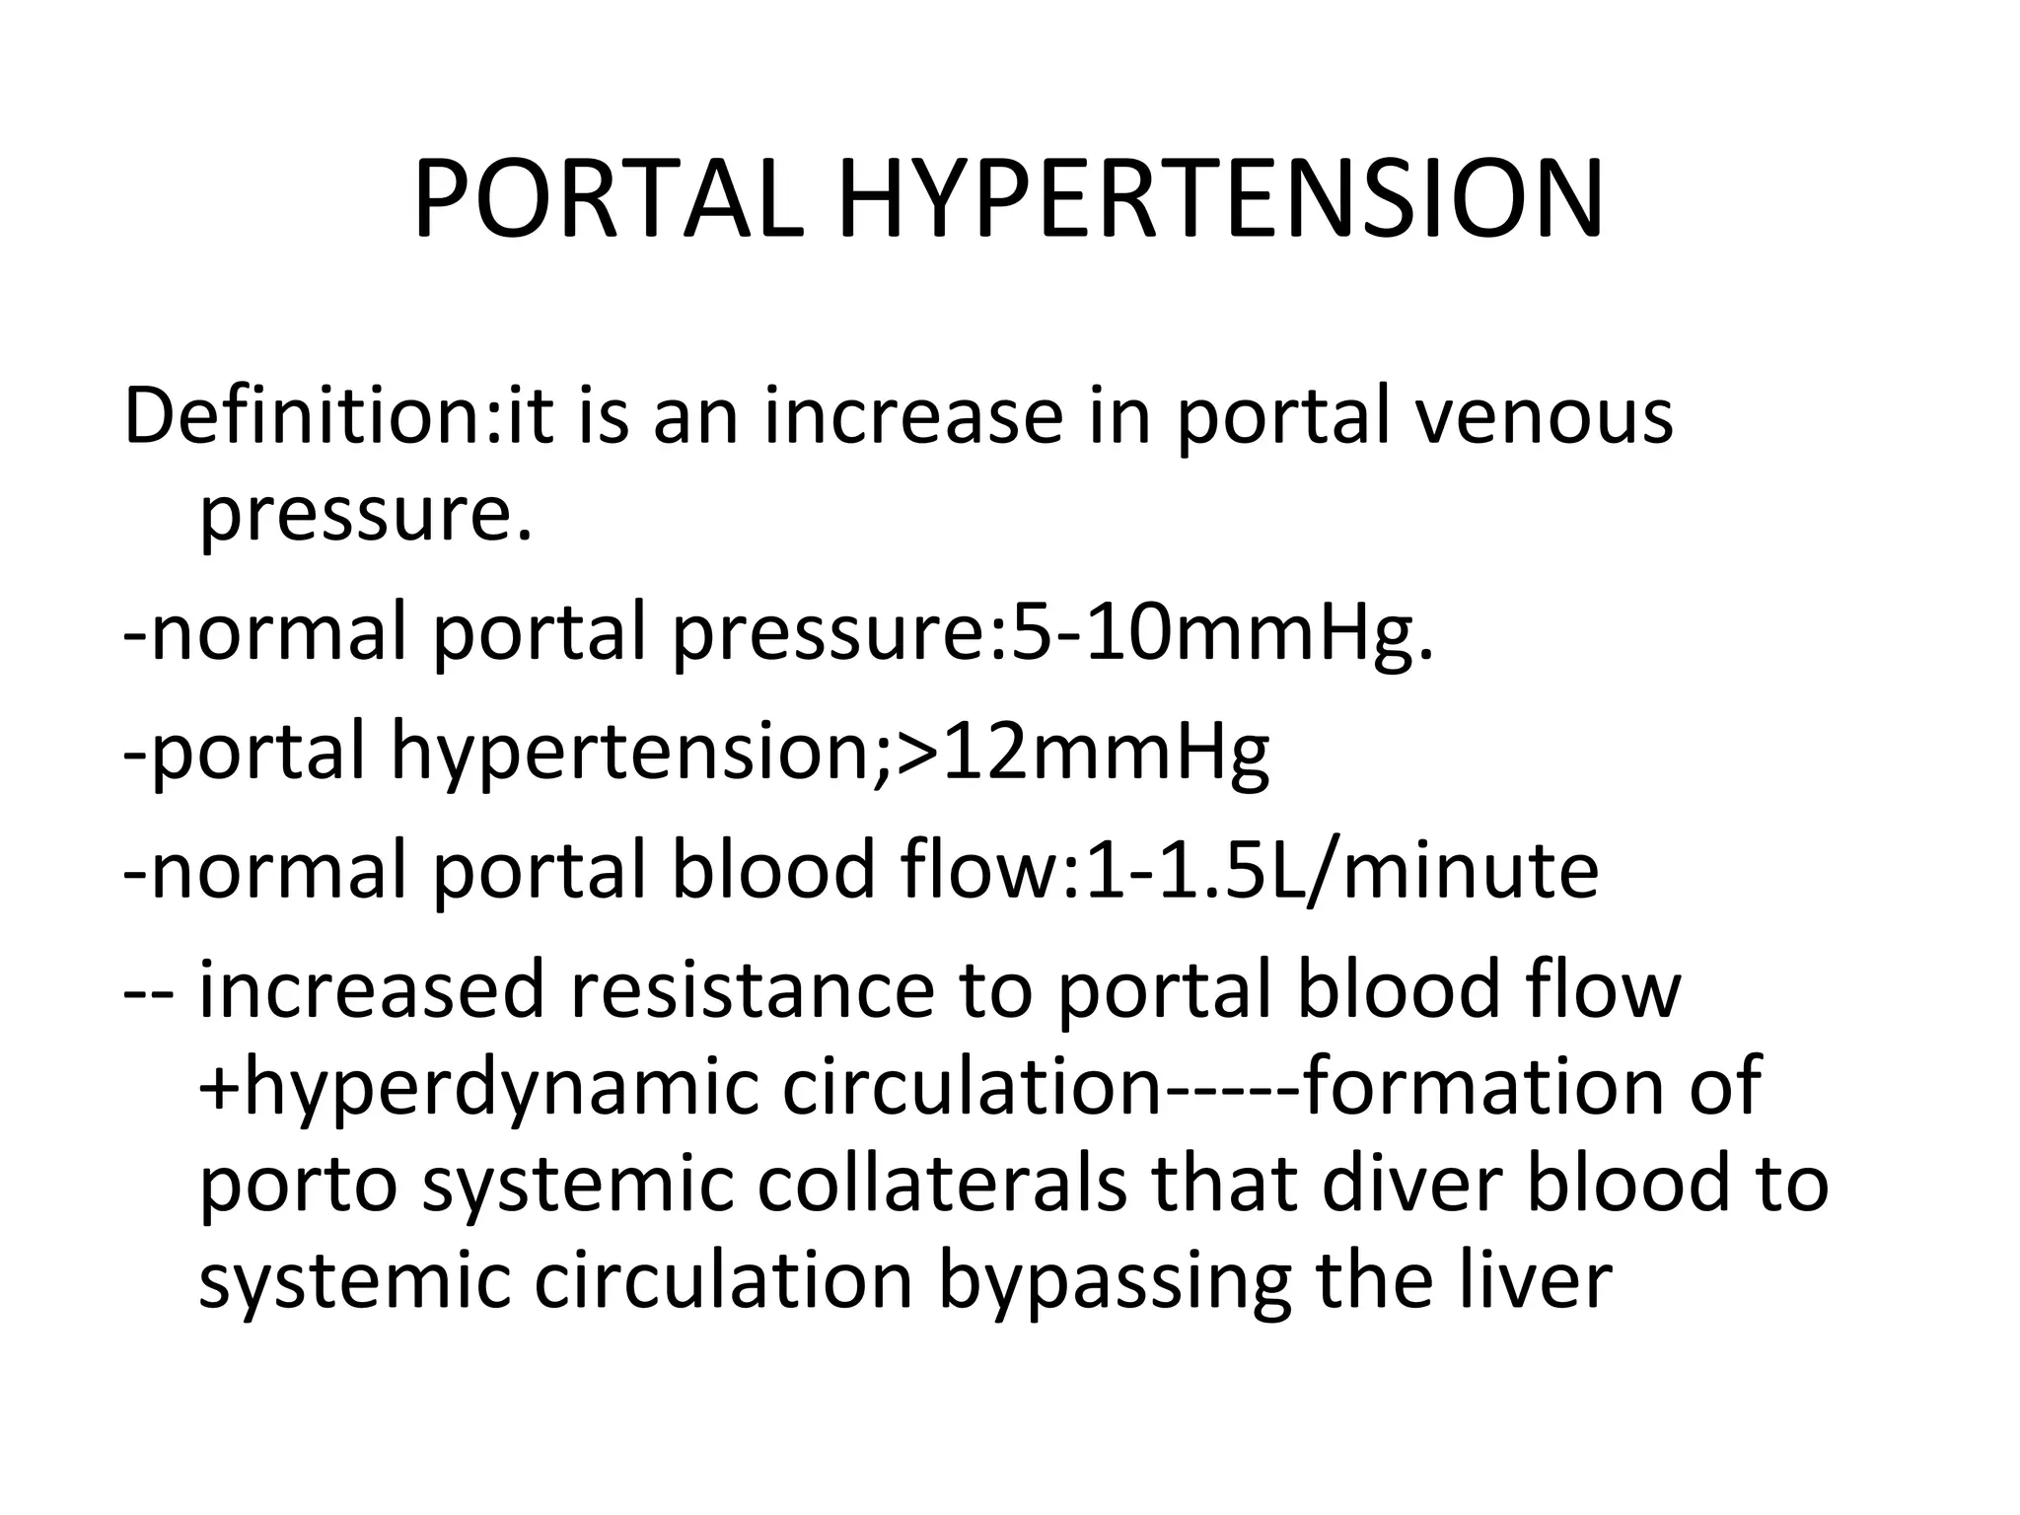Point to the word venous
click(1544, 415)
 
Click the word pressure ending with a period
click(365, 514)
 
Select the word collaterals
click(942, 1183)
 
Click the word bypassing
click(1115, 1281)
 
